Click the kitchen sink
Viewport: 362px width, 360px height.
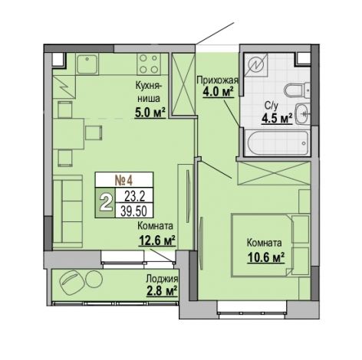[x=87, y=64]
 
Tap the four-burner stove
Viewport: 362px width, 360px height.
[x=149, y=64]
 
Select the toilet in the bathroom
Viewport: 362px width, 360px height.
[x=297, y=90]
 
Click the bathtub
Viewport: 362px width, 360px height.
[x=277, y=142]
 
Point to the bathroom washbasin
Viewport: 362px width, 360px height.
[x=303, y=113]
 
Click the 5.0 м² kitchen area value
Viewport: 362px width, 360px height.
[x=150, y=113]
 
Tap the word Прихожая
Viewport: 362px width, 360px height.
[x=217, y=80]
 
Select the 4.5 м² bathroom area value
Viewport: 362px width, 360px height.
[x=277, y=118]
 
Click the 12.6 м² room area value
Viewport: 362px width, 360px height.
[x=157, y=241]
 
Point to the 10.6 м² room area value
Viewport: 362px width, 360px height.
[x=266, y=257]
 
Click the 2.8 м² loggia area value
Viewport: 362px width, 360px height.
[x=162, y=291]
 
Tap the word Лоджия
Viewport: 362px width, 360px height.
[x=162, y=280]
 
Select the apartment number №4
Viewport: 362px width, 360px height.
[x=124, y=181]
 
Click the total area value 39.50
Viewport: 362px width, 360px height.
[x=133, y=211]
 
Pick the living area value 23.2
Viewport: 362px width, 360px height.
[x=135, y=196]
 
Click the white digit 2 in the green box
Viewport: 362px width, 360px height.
[x=105, y=203]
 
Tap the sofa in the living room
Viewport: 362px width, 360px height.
[x=67, y=211]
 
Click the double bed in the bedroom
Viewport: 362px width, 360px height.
[x=270, y=245]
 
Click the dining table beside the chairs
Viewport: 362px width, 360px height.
[x=68, y=134]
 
